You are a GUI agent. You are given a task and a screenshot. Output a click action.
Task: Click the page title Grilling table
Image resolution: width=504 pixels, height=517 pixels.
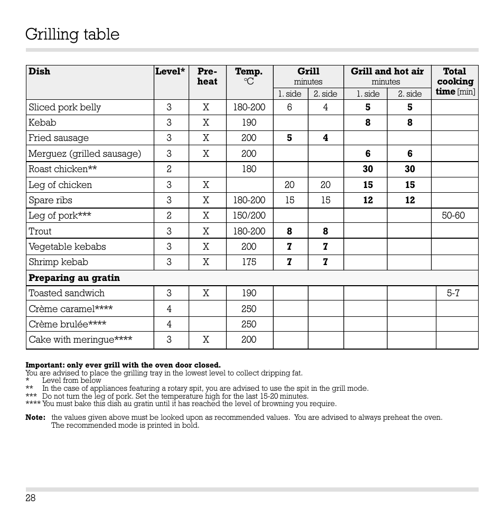(72, 35)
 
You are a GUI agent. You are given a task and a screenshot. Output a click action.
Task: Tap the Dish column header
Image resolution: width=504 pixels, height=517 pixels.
(40, 71)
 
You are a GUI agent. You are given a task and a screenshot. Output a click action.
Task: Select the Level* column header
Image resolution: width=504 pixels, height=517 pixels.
(170, 71)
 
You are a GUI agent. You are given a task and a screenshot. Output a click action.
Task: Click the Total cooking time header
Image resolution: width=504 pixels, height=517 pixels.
(455, 81)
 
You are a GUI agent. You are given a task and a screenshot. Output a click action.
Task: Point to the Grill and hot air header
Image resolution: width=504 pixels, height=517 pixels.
(387, 71)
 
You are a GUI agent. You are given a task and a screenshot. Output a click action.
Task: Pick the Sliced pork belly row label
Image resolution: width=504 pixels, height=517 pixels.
(64, 107)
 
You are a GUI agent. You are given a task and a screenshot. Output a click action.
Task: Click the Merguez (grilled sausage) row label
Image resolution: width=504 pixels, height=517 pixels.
(85, 154)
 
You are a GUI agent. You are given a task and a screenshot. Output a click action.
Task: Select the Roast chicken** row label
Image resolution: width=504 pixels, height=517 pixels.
(63, 169)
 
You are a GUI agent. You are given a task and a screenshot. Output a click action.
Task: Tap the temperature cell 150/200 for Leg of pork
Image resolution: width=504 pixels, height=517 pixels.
(249, 215)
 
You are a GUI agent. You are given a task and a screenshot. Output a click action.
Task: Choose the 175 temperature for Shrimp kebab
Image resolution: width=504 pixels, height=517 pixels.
(249, 262)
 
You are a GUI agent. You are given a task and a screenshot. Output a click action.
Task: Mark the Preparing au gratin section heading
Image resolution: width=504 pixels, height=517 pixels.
(74, 278)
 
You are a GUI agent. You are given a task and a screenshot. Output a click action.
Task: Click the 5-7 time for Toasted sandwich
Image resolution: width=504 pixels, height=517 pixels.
(454, 293)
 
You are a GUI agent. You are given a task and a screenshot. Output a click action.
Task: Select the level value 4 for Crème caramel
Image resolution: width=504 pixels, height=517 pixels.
(169, 309)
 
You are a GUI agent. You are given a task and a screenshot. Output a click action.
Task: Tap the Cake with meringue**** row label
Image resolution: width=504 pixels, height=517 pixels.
(80, 340)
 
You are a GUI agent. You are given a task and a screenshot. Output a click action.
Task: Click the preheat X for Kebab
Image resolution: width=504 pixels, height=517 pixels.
(206, 123)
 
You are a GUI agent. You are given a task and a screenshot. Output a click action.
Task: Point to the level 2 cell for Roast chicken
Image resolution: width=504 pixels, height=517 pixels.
(169, 169)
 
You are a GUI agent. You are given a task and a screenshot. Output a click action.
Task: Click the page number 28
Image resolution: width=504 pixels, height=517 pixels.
(30, 498)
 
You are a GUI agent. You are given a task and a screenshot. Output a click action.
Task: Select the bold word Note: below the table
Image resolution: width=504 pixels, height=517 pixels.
(35, 417)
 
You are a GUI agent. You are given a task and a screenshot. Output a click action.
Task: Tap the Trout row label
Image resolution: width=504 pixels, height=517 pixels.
(40, 231)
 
